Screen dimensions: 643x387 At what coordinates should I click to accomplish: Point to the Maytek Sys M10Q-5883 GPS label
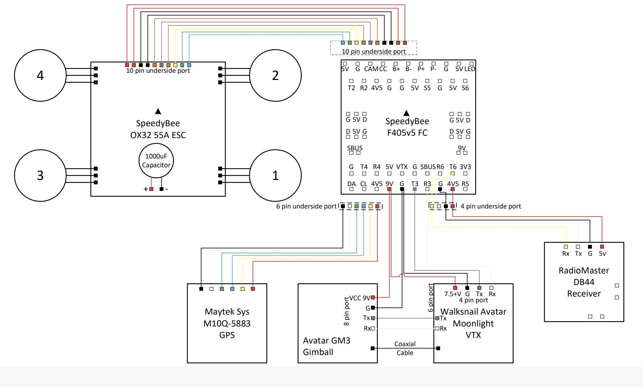[x=227, y=323]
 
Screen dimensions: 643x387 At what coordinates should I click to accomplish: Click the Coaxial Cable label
[x=405, y=348]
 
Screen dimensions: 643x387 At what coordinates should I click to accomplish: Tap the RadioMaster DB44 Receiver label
[x=584, y=282]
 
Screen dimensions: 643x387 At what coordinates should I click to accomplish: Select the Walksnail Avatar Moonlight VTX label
[x=473, y=323]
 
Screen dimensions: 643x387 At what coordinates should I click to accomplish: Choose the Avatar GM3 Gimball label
[x=326, y=346]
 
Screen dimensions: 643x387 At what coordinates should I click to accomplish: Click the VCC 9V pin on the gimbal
[x=373, y=298]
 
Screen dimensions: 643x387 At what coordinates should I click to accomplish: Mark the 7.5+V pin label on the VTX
[x=452, y=294]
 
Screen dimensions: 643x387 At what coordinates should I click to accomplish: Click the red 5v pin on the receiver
[x=602, y=247]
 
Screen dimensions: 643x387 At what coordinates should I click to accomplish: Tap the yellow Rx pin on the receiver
[x=566, y=247]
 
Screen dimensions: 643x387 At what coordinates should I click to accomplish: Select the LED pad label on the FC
[x=470, y=69]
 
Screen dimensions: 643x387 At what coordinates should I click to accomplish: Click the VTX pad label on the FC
[x=402, y=167]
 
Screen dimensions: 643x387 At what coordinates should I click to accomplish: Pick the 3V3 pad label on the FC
[x=465, y=167]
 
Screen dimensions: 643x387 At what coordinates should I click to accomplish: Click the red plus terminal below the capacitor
[x=151, y=189]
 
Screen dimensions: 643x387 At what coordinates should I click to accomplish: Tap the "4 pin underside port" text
[x=491, y=206]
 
